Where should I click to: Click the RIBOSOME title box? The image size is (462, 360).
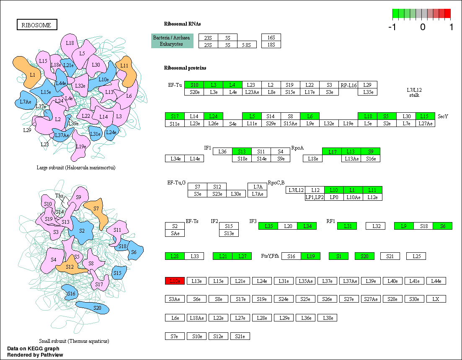[x=36, y=25]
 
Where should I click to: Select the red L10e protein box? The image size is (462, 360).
[x=175, y=281]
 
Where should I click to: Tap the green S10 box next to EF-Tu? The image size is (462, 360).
[x=194, y=85]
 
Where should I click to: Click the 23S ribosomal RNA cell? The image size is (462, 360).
[x=208, y=37]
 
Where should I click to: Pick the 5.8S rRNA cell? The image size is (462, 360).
[x=247, y=45]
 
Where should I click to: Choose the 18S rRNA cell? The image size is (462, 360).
[x=271, y=45]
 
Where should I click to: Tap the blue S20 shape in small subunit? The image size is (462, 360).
[x=96, y=308]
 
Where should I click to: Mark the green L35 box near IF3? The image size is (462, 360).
[x=268, y=226]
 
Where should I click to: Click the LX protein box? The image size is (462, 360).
[x=436, y=299]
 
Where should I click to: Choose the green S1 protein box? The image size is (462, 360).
[x=338, y=256]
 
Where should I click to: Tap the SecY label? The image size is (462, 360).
[x=443, y=116]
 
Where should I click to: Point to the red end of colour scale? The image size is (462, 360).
[x=447, y=13]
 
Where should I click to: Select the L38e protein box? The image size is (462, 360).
[x=327, y=318]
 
